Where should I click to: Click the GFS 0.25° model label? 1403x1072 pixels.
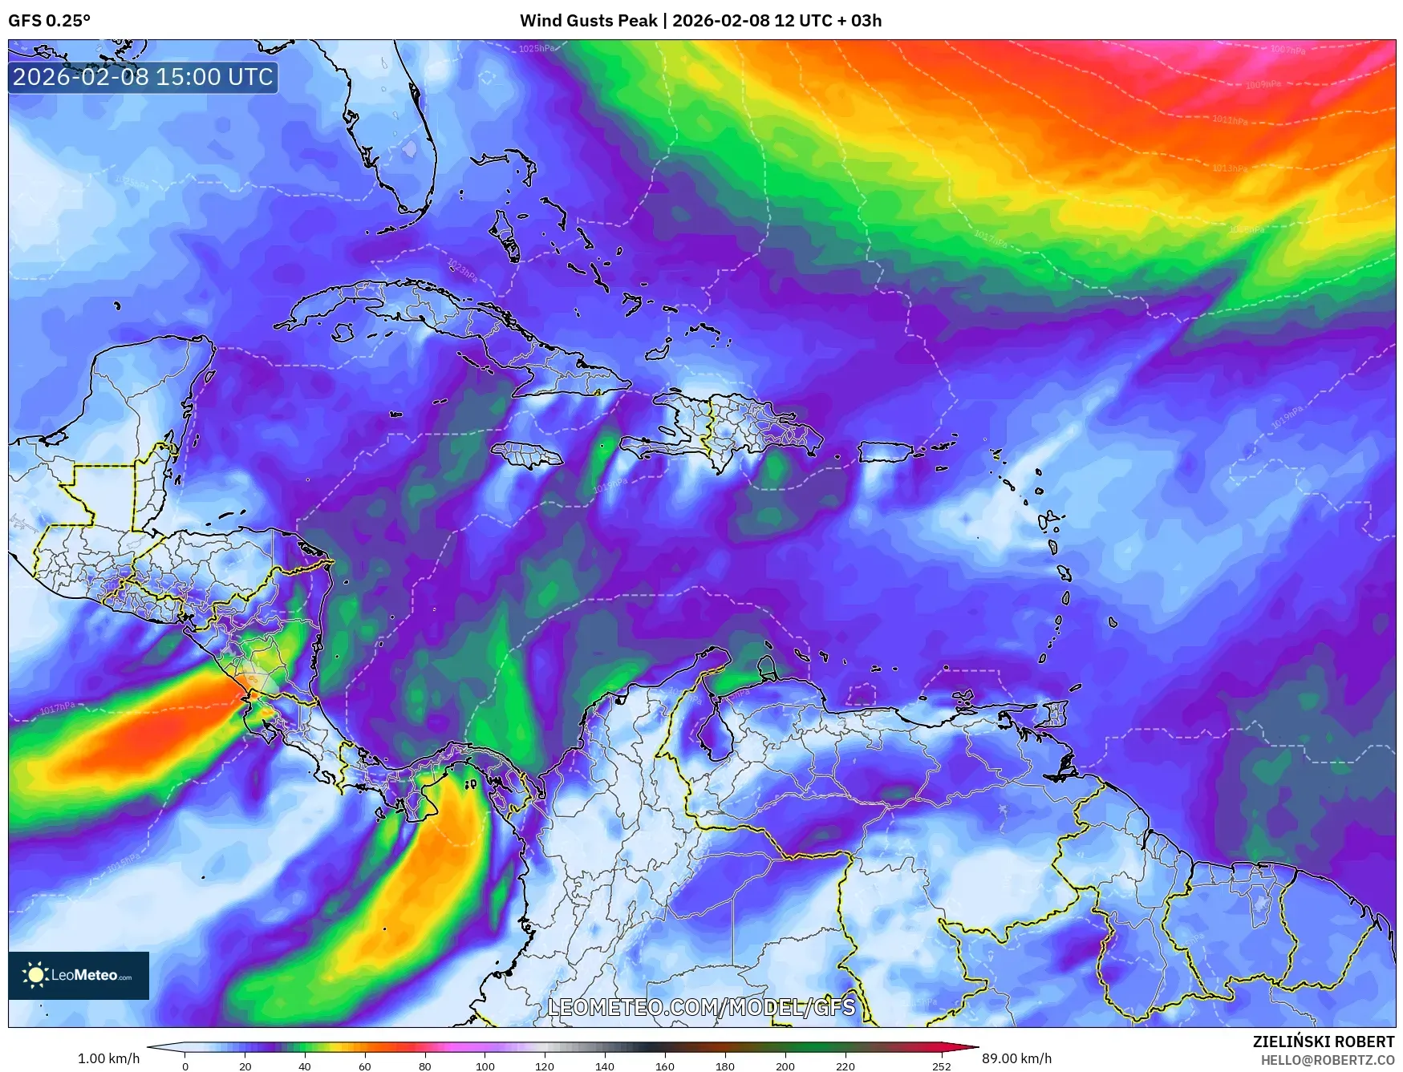pos(49,21)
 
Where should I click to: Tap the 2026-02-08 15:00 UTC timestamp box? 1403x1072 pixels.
pos(143,77)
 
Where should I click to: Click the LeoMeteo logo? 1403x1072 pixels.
pos(79,975)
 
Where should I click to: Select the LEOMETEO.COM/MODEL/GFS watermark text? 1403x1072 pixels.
pos(701,1007)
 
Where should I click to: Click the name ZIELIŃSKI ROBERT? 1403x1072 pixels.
pos(1323,1042)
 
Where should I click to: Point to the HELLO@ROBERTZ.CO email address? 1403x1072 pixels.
pos(1327,1060)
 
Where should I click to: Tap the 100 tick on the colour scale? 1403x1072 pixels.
pos(485,1066)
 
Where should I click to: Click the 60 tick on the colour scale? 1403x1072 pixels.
pos(365,1066)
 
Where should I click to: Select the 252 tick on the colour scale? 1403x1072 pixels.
pos(942,1066)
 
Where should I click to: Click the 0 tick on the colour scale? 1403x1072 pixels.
pos(185,1066)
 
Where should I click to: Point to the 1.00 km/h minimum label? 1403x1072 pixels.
pos(108,1058)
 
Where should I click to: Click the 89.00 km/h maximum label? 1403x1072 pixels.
pos(1016,1058)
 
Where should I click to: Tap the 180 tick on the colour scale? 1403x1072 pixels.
pos(724,1066)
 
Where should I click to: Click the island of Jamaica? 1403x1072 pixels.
pos(527,455)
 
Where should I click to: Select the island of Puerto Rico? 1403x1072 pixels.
pos(886,452)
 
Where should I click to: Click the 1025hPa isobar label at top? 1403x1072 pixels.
pos(536,49)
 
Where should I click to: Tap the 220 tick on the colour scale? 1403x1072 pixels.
pos(845,1066)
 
